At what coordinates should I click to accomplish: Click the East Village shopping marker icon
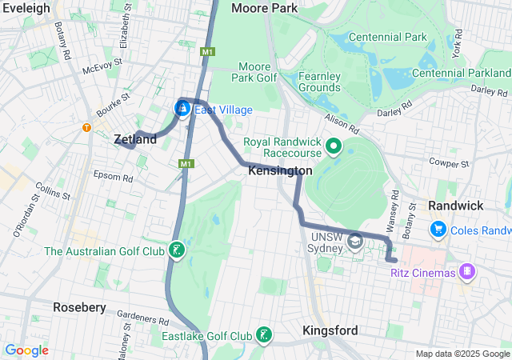[182, 107]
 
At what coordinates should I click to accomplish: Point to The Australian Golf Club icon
[177, 251]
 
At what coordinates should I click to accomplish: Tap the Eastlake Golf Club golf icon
[263, 335]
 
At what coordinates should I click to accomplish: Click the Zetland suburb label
[135, 139]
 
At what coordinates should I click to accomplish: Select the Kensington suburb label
[280, 171]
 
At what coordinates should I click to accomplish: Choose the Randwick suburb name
[455, 206]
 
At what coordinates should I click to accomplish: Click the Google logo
[26, 350]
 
